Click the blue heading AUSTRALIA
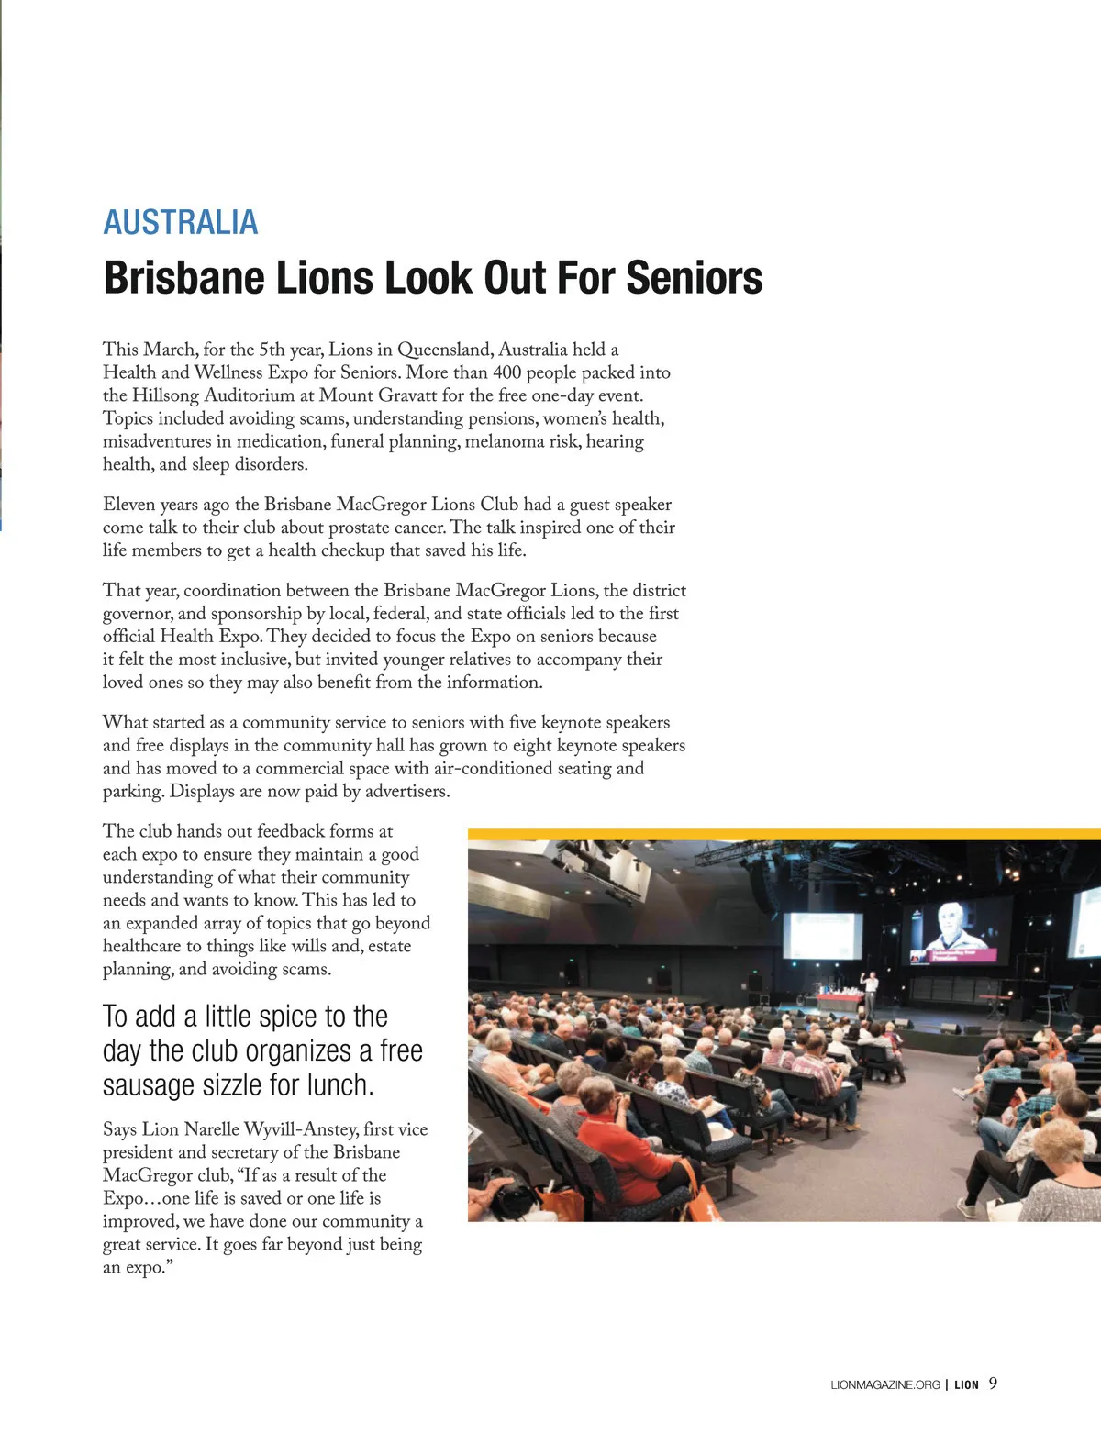point(181,222)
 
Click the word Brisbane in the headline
point(183,278)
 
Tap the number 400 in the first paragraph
point(507,372)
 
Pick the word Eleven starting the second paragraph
point(128,505)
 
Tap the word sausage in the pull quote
point(145,1085)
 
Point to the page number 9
point(994,1384)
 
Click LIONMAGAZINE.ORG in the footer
point(884,1384)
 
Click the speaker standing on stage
point(870,994)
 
